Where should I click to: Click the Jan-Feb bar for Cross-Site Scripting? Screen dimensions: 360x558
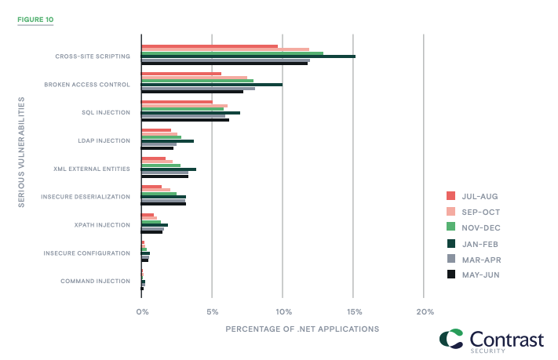248,56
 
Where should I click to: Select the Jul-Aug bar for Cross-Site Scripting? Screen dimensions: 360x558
210,46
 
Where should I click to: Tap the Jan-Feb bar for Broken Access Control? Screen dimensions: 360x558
212,85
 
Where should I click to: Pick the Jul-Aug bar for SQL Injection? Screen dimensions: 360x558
177,101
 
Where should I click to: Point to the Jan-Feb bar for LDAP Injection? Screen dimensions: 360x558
167,140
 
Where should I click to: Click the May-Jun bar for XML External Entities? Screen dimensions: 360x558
165,176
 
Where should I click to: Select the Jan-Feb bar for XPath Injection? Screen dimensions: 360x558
155,225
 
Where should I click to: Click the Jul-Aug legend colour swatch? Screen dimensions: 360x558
450,196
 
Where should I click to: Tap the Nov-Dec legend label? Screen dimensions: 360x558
480,227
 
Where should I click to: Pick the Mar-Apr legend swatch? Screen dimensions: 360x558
450,259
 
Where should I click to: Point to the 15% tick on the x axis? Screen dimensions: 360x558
353,311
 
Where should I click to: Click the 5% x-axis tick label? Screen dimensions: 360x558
212,311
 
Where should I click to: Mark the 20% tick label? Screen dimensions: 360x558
425,311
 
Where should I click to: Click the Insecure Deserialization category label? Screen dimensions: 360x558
86,197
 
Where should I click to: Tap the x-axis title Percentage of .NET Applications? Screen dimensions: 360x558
302,329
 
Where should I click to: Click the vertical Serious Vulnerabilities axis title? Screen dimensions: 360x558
20,152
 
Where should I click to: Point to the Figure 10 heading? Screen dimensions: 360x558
35,18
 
